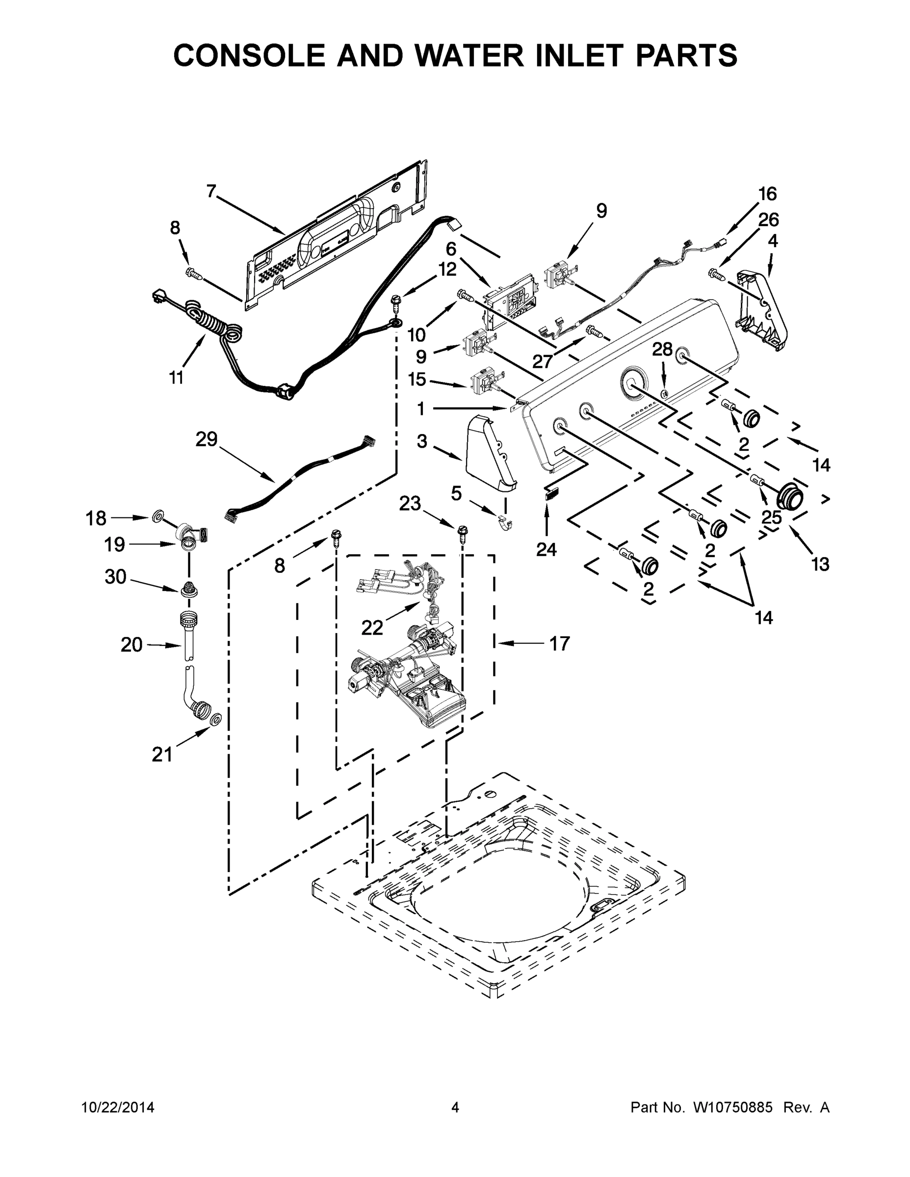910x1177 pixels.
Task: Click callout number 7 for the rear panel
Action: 211,191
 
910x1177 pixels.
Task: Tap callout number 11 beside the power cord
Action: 176,378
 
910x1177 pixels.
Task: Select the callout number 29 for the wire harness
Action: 206,440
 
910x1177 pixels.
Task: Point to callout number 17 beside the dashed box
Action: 559,643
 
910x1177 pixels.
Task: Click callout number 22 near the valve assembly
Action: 372,627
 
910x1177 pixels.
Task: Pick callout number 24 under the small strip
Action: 546,549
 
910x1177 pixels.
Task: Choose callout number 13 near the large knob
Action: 820,565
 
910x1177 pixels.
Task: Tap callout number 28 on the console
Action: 663,350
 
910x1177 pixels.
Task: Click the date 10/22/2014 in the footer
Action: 118,1107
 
